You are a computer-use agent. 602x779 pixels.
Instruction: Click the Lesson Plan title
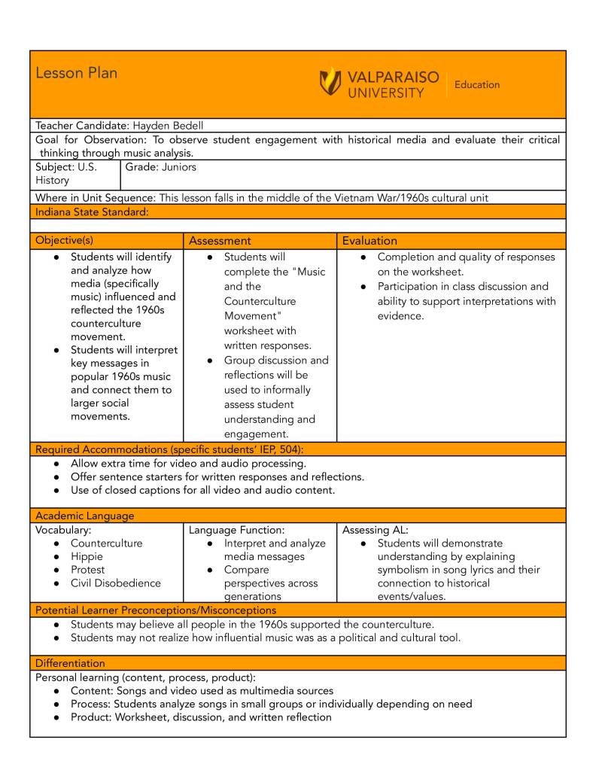(76, 73)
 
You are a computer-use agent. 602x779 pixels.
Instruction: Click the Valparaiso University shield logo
(330, 81)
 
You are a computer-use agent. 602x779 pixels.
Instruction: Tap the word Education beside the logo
(476, 85)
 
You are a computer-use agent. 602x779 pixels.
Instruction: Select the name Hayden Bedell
(169, 126)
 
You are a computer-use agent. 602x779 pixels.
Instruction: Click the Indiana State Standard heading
(92, 211)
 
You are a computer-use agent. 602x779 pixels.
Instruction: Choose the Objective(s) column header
(65, 241)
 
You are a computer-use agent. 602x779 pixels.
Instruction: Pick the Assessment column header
(220, 241)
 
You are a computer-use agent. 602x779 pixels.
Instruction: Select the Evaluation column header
(369, 241)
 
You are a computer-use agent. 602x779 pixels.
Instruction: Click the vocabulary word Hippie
(87, 556)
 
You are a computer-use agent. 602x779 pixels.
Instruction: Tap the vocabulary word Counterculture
(106, 543)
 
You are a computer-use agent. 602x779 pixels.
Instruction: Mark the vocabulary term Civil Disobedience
(115, 583)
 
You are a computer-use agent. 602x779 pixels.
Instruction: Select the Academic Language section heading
(85, 516)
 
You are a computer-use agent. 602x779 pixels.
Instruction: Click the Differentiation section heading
(70, 663)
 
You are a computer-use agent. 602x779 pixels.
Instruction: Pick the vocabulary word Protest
(87, 570)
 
